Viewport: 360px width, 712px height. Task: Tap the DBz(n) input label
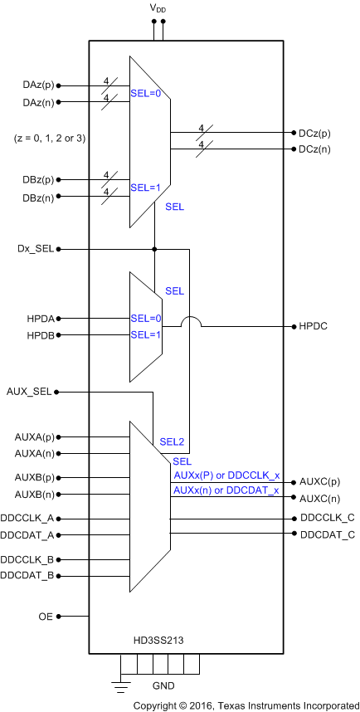[x=36, y=197]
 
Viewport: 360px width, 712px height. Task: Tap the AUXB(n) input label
[x=35, y=495]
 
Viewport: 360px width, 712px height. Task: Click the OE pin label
[x=46, y=617]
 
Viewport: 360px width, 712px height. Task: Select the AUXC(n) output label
[x=320, y=498]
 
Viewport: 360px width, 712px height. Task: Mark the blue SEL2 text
[x=172, y=441]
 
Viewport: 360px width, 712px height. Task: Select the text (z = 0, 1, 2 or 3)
[x=50, y=138]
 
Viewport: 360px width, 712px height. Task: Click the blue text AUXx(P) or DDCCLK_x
[x=226, y=475]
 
